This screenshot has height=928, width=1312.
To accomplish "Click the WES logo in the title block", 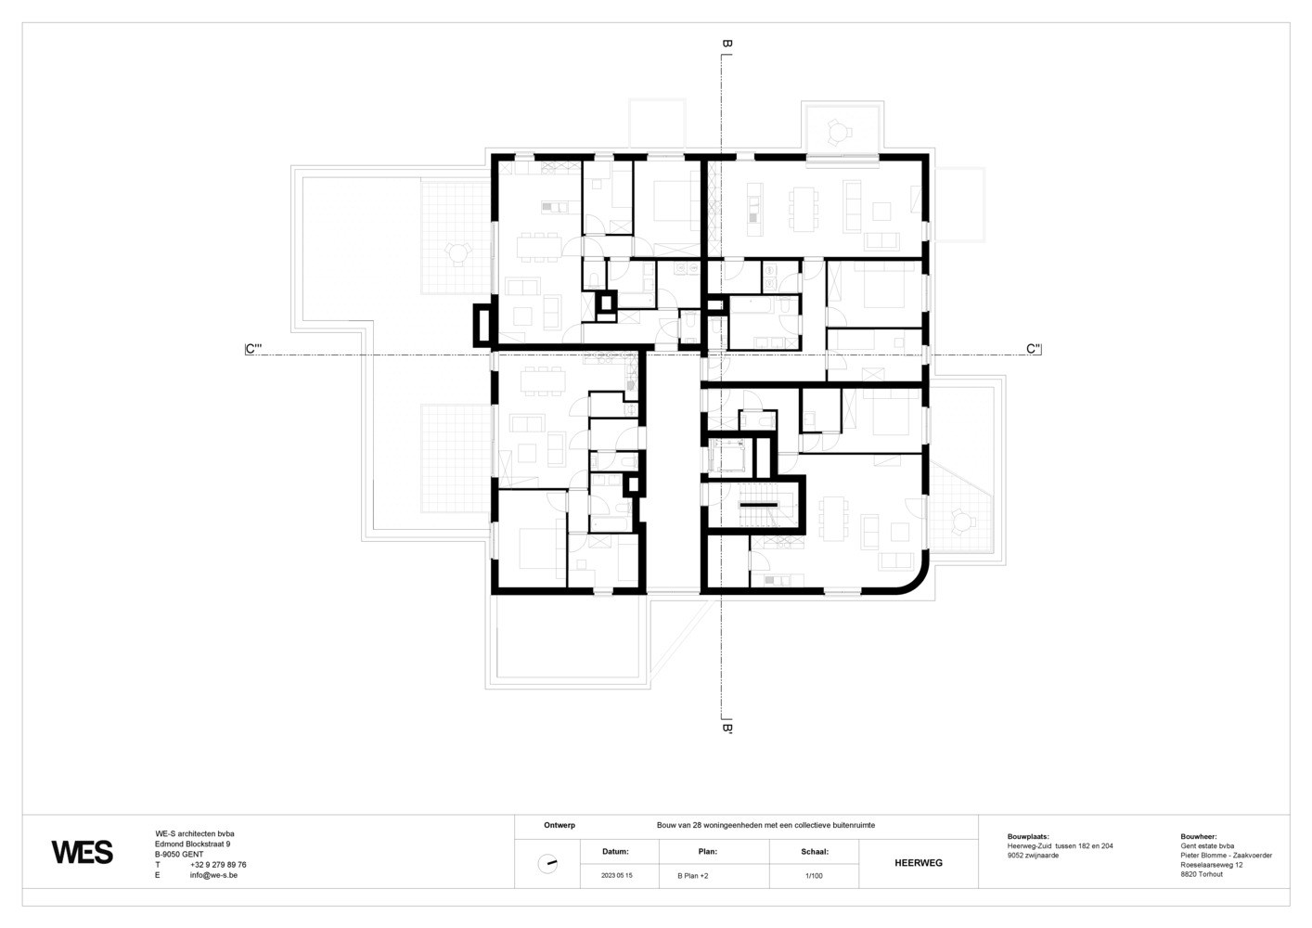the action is [82, 853].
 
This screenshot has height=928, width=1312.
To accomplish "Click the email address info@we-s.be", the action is [213, 875].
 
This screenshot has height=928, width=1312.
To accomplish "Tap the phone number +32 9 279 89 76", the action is [218, 865].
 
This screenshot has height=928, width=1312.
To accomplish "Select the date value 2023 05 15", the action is [617, 876].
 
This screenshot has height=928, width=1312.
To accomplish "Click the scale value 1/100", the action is [814, 876].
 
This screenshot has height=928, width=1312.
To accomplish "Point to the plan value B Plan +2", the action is [693, 876].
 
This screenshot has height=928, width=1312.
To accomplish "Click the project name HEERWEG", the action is [919, 863].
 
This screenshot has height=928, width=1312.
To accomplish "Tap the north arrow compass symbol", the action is [547, 864].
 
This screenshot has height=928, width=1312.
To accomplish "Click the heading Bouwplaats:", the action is [1028, 837].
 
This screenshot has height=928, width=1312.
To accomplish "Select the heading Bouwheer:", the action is [1199, 837].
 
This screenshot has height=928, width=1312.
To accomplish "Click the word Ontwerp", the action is [560, 825].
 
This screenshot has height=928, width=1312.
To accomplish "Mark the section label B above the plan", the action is [727, 44].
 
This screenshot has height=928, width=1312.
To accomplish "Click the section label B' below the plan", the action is [727, 728].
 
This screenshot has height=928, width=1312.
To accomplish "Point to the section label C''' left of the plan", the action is [253, 349].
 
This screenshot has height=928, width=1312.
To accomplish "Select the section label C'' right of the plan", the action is [1034, 349].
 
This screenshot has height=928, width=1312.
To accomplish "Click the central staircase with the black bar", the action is [758, 505].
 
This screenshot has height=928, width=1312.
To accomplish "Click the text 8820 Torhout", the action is [1202, 874].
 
